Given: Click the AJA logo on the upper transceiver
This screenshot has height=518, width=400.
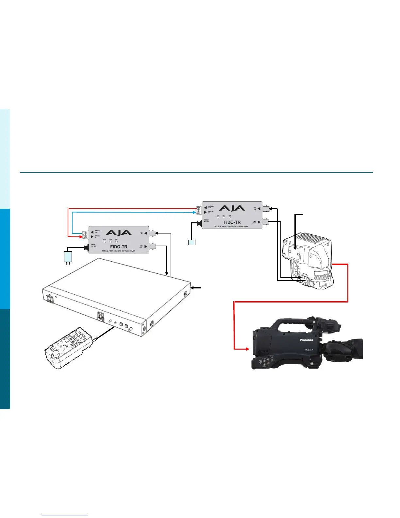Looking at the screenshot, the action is (232, 208).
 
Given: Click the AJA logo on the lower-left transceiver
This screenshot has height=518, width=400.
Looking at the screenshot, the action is (119, 233).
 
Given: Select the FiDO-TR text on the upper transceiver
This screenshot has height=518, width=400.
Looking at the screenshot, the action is (232, 222).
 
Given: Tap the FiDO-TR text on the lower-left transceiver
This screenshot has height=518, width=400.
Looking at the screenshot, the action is (119, 247).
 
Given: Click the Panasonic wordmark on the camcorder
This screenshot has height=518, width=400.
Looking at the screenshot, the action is (306, 340).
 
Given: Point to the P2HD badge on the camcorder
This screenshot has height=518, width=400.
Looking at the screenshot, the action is (308, 350).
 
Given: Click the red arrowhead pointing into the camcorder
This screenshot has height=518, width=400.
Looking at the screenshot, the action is (247, 349).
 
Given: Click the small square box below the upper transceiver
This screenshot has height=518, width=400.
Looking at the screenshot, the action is (192, 242).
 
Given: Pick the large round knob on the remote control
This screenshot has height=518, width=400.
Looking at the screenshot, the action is (57, 354).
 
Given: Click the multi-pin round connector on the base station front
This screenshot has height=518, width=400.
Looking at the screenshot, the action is (99, 316).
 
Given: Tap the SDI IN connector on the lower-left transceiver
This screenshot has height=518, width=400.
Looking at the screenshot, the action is (152, 233).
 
